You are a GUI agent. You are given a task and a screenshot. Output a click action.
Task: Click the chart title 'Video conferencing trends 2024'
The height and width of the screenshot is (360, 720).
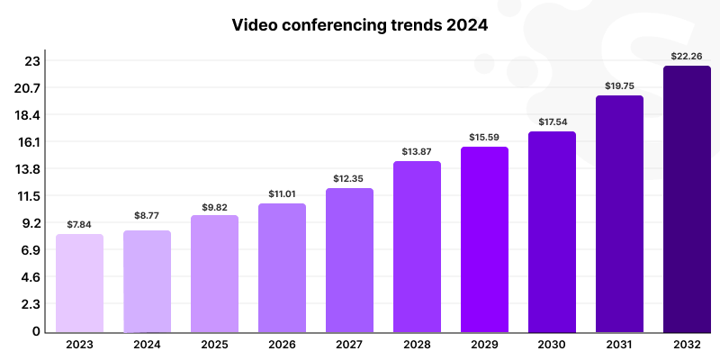click(x=360, y=25)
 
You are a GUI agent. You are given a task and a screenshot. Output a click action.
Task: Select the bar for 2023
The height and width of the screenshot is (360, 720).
click(x=79, y=283)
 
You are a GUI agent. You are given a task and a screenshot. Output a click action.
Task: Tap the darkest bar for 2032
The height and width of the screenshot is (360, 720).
click(x=687, y=198)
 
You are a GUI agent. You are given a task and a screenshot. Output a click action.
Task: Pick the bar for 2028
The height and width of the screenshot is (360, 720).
click(x=417, y=247)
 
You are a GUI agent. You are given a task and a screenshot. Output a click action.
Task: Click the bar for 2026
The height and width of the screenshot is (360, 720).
click(x=282, y=267)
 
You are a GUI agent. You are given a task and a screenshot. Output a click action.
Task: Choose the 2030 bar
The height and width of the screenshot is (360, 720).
click(x=552, y=231)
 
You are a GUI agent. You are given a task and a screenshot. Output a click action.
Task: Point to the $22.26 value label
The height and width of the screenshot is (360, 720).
click(x=687, y=56)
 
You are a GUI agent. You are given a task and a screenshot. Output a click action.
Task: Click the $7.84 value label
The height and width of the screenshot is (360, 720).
click(x=79, y=224)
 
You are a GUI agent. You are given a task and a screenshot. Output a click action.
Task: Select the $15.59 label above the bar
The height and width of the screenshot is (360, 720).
click(x=484, y=137)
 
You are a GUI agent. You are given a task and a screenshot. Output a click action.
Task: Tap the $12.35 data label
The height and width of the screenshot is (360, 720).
click(x=349, y=178)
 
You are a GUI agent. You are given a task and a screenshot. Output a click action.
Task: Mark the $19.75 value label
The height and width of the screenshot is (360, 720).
click(x=619, y=85)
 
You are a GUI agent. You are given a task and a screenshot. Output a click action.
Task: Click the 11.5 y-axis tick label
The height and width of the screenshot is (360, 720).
click(x=31, y=196)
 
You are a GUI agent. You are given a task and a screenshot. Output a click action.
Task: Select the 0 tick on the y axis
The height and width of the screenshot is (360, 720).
click(x=36, y=331)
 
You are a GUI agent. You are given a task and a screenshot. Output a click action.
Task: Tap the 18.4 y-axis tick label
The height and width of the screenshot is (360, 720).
click(x=31, y=115)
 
